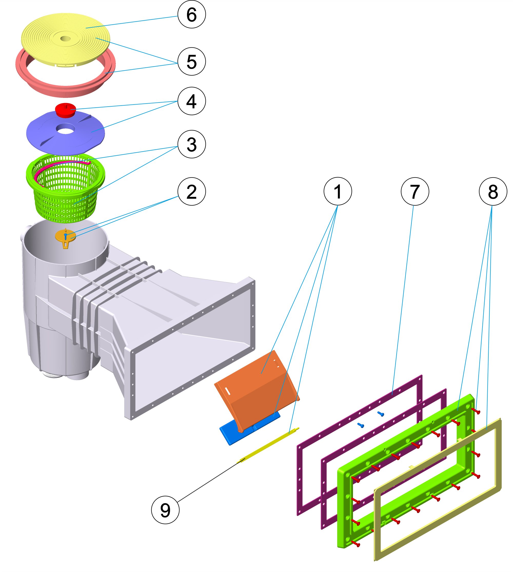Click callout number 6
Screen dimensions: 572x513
[x=191, y=14]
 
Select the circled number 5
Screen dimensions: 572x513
[x=191, y=62]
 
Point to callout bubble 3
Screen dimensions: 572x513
[x=191, y=144]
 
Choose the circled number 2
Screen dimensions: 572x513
[x=191, y=191]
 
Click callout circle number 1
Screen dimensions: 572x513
[x=338, y=191]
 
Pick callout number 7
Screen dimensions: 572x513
[x=415, y=191]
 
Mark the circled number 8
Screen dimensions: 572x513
[x=493, y=191]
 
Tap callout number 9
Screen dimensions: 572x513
[x=165, y=510]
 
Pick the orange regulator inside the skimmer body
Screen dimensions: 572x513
[x=65, y=237]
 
